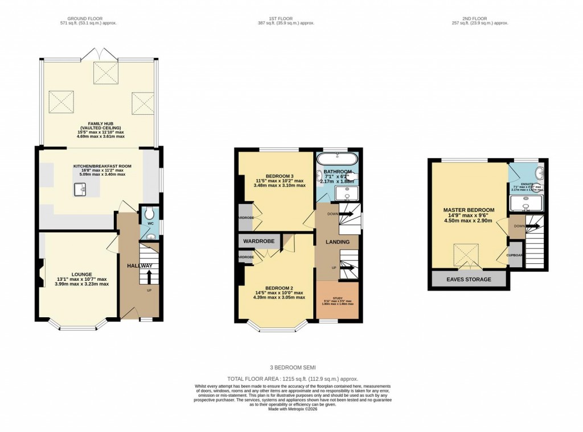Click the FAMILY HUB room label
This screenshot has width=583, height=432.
tap(99, 122)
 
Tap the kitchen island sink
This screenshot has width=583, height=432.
tap(79, 190)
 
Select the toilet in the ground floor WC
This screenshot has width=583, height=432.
tap(149, 214)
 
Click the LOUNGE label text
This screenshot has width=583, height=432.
tap(82, 274)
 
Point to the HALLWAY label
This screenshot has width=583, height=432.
tap(139, 266)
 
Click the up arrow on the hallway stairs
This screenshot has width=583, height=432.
tap(149, 277)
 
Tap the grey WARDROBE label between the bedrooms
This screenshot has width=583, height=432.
tap(259, 242)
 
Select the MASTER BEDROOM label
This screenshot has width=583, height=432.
tap(469, 210)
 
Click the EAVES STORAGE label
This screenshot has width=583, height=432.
tap(469, 280)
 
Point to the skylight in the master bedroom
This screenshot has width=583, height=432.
tap(466, 254)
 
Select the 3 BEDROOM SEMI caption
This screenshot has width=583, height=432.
tap(291, 367)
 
